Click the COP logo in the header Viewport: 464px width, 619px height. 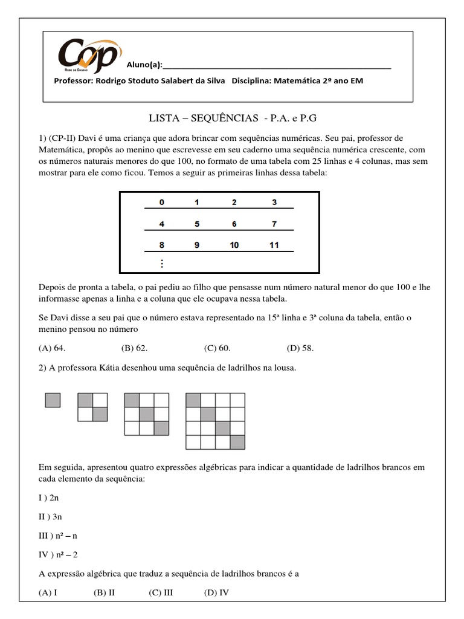(88, 53)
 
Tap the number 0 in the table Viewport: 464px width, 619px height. (161, 203)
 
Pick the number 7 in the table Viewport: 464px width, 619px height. (274, 224)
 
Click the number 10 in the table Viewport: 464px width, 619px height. (234, 245)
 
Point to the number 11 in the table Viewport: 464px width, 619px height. (274, 245)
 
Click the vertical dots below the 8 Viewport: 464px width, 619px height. (161, 264)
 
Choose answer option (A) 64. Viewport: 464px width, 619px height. (51, 348)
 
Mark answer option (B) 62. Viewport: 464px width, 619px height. (134, 348)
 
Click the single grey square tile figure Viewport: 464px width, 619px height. (53, 400)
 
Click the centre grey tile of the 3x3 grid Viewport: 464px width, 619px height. (146, 414)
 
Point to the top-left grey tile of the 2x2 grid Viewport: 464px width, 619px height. (85, 400)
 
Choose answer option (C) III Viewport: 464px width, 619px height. (161, 592)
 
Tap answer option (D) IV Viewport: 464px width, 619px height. (217, 592)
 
